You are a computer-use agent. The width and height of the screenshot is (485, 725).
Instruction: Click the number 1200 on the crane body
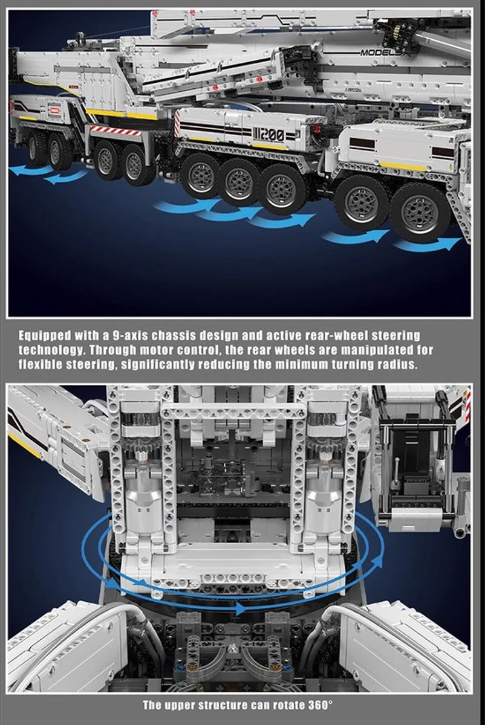click(269, 135)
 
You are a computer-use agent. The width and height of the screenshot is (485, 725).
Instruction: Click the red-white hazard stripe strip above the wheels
click(111, 130)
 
